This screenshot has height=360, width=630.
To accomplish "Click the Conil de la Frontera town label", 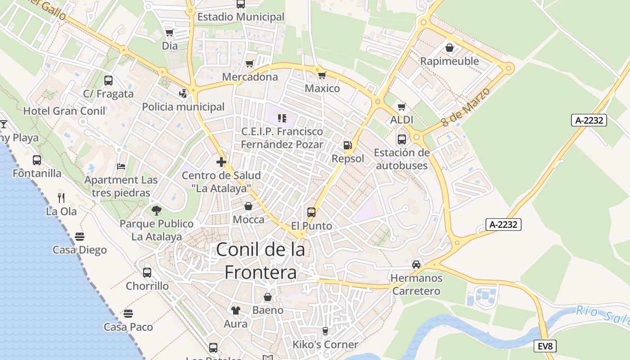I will pyautogui.click(x=261, y=261).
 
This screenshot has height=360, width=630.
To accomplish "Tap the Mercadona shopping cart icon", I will pyautogui.click(x=250, y=64).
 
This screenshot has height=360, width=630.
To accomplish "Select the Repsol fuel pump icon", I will pyautogui.click(x=347, y=145).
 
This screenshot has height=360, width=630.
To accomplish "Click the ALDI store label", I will pyautogui.click(x=402, y=120).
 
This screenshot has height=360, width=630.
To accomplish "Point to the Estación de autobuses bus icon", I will pyautogui.click(x=402, y=139).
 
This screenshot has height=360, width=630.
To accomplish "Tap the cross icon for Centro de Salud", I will pyautogui.click(x=221, y=162).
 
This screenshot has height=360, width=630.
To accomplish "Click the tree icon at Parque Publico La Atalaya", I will pyautogui.click(x=157, y=210).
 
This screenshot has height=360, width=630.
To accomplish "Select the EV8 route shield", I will pyautogui.click(x=545, y=346).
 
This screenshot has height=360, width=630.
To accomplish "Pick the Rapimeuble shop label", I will pyautogui.click(x=449, y=61).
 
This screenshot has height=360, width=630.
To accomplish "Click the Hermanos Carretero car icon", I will pyautogui.click(x=416, y=265).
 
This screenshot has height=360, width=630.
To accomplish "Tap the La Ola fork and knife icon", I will pyautogui.click(x=61, y=198).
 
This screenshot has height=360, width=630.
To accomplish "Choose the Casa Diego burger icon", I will pyautogui.click(x=80, y=237).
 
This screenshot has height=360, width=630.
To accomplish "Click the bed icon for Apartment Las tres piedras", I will pyautogui.click(x=121, y=166).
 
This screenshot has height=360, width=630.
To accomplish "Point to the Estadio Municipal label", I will pyautogui.click(x=241, y=17).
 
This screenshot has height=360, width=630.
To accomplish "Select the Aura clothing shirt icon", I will pyautogui.click(x=235, y=310).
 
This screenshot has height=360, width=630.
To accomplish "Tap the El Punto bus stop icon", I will pyautogui.click(x=311, y=212).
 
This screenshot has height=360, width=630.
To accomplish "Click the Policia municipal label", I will pyautogui.click(x=183, y=107).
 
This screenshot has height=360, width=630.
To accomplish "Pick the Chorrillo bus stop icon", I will pyautogui.click(x=147, y=273).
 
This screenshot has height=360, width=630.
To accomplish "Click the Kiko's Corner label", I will pyautogui.click(x=325, y=345).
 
